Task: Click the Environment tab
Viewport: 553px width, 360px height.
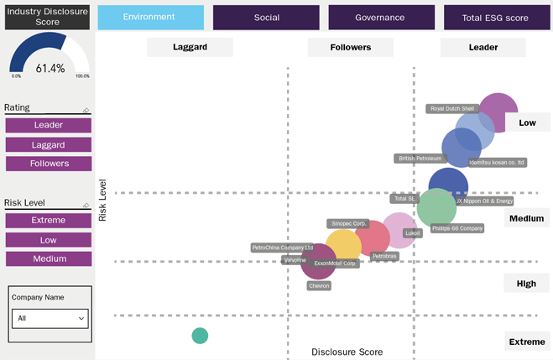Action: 150,17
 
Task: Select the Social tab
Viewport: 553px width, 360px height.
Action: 266,17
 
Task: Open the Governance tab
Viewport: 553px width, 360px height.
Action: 379,17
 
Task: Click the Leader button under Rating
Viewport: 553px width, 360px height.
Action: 49,125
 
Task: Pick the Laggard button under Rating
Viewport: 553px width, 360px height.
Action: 49,144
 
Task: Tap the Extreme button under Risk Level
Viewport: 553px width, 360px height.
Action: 49,220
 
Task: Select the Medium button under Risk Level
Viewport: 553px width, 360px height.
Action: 49,258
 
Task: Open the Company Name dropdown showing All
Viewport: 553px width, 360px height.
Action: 51,318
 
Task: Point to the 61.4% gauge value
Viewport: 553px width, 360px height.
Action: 50,68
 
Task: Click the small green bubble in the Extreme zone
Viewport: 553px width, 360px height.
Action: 200,336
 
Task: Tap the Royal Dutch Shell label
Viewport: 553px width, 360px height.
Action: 452,108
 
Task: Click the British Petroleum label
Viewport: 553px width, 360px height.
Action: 419,158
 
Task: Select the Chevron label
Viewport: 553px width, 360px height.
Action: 319,285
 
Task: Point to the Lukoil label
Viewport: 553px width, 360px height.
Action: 412,232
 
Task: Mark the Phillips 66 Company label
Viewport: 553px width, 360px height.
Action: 457,227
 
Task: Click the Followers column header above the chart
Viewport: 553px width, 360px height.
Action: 350,48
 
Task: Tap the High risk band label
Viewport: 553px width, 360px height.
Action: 526,284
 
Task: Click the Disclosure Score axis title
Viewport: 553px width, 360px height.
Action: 347,352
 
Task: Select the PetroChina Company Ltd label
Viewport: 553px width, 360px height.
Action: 282,248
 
